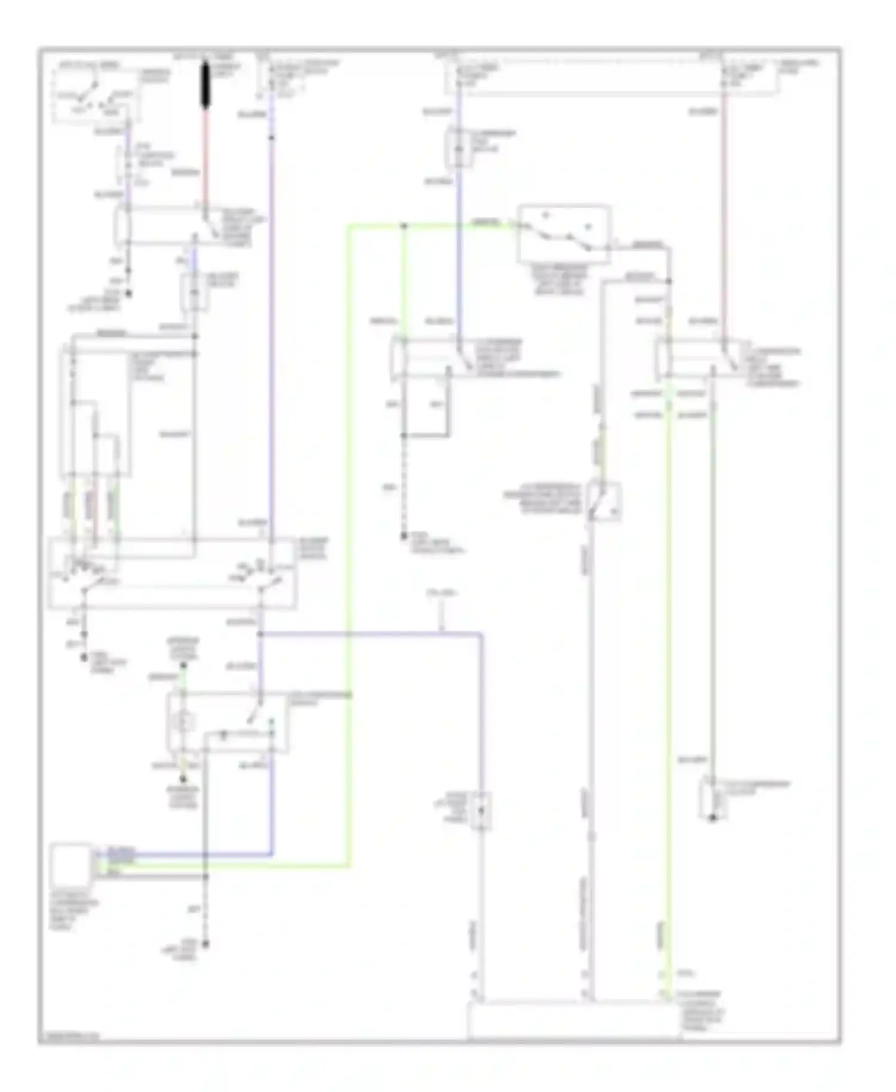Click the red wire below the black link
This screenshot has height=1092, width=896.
[206, 155]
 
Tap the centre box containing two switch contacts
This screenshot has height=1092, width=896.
[564, 234]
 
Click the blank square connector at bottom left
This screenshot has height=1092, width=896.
[70, 864]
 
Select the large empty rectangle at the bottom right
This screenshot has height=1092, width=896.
[573, 1021]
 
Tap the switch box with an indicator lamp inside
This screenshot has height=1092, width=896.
[227, 722]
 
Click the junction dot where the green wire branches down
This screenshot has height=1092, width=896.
[404, 226]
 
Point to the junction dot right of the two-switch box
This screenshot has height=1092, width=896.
[669, 281]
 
